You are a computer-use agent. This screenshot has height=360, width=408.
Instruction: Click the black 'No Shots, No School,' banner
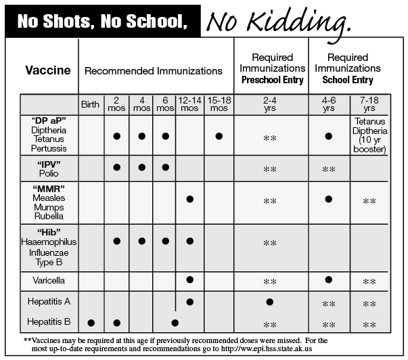coord(102,22)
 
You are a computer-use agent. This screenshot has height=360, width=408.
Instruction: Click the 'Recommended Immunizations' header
coord(153,70)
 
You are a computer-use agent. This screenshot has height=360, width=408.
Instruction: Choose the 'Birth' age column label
coord(90,104)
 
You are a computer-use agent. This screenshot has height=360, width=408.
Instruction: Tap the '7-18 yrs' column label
coord(369,104)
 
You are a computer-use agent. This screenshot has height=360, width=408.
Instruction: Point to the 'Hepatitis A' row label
coord(48,301)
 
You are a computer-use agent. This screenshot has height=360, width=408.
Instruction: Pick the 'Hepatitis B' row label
coord(48,322)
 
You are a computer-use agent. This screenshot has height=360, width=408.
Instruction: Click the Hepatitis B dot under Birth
coord(91,323)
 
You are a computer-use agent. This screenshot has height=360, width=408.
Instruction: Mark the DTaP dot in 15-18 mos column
coord(219,136)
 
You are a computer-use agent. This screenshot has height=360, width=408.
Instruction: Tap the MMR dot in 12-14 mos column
coord(189,199)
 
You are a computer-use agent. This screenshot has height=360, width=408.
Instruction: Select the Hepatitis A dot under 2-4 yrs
coord(270,301)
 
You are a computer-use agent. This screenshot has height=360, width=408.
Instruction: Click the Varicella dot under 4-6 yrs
coord(329,279)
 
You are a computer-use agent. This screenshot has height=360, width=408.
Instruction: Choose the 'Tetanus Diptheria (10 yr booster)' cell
coord(369,135)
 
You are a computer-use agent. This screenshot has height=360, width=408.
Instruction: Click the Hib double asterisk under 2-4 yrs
coord(270,243)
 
